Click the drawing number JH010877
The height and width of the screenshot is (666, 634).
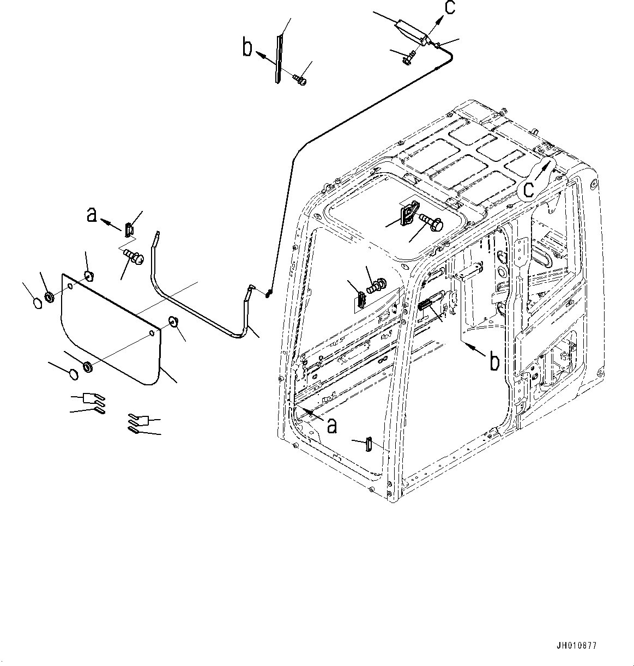(x=577, y=645)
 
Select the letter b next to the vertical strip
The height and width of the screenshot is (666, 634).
(x=247, y=48)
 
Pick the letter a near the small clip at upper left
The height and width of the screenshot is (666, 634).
(x=92, y=215)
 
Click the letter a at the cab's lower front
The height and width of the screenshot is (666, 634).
(x=331, y=424)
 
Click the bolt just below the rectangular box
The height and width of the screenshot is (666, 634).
(x=409, y=57)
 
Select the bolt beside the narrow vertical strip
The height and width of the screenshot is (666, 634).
(x=300, y=80)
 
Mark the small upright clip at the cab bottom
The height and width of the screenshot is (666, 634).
(x=369, y=444)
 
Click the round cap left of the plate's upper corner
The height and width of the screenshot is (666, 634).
(x=36, y=303)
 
